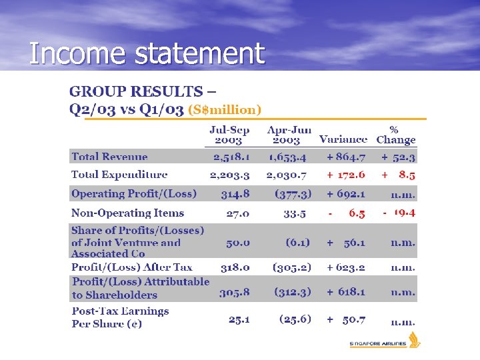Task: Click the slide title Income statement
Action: point(147,53)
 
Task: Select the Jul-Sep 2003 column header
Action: point(229,135)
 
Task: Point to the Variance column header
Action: point(343,139)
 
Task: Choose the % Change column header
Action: point(395,135)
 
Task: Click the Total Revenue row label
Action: point(109,157)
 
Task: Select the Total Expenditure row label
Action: point(119,175)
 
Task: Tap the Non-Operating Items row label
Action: point(127,213)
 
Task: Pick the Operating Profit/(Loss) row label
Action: point(134,194)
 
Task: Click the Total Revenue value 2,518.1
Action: point(231,157)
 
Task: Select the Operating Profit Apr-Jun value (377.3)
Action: point(293,194)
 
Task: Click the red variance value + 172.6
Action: point(345,175)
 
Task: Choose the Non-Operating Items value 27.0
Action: point(238,213)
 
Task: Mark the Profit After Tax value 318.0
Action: point(235,267)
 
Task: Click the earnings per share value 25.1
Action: point(239,319)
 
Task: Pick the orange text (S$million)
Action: point(225,109)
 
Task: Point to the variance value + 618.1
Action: point(345,291)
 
